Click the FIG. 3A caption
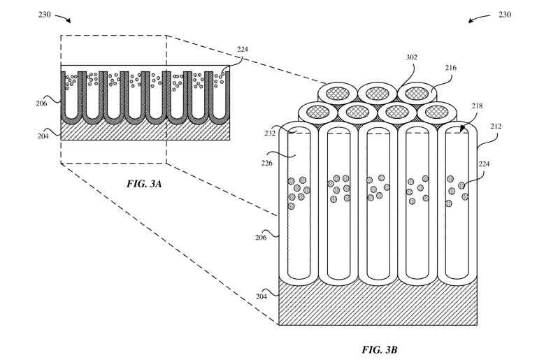tap(144, 184)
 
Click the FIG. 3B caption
tap(380, 350)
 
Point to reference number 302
tap(412, 57)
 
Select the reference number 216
tap(451, 68)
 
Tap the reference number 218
tap(477, 106)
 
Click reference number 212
tap(496, 127)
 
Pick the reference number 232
tap(270, 134)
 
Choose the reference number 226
tap(267, 163)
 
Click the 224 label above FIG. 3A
tap(243, 50)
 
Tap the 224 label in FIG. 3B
tap(484, 164)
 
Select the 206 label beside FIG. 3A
tap(41, 103)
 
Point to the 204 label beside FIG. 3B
tap(262, 296)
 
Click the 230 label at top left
tap(45, 15)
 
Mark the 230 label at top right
tap(505, 15)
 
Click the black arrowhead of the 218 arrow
tap(462, 129)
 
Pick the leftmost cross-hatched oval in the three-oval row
tap(337, 93)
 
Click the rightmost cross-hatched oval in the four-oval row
tap(436, 112)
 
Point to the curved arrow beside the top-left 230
tap(63, 17)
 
